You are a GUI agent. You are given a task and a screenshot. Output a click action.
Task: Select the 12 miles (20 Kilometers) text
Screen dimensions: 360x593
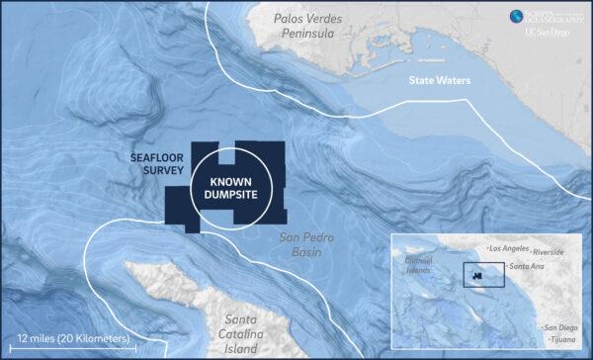point(74,338)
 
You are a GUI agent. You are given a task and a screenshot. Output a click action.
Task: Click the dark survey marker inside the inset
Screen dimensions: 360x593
point(477,275)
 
